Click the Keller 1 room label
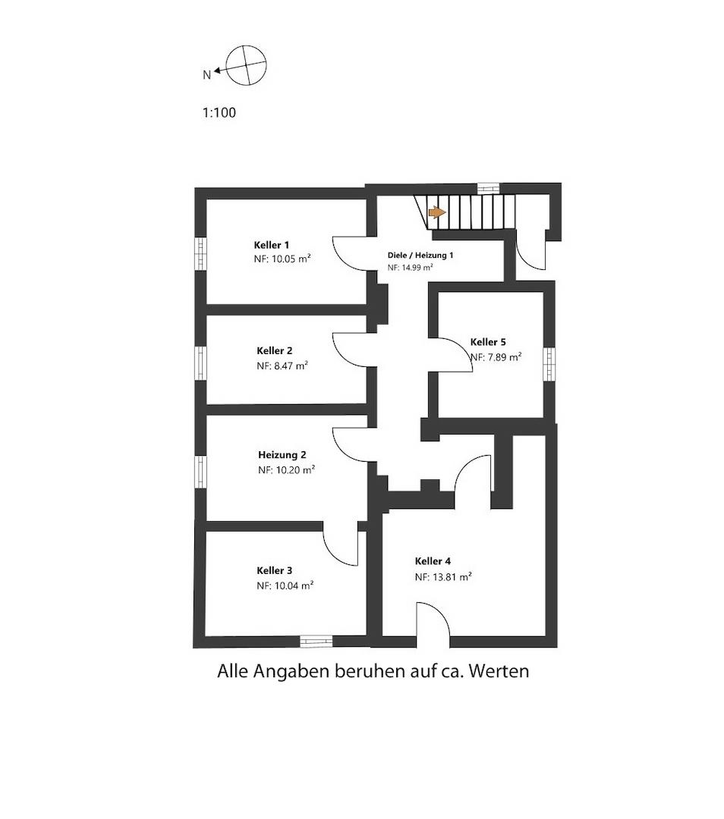click(x=271, y=245)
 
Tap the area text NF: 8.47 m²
click(x=282, y=366)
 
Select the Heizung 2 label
click(x=282, y=455)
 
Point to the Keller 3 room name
click(x=275, y=570)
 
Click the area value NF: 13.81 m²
click(x=443, y=576)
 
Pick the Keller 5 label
click(x=488, y=342)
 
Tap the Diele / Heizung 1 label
click(x=420, y=256)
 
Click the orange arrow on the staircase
click(x=437, y=212)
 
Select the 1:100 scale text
click(x=219, y=112)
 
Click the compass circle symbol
click(x=246, y=65)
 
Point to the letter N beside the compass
click(x=206, y=74)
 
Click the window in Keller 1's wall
click(x=200, y=254)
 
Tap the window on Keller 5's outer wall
click(x=549, y=364)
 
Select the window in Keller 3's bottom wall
click(x=316, y=641)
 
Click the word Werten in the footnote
click(x=499, y=670)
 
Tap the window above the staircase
click(x=488, y=188)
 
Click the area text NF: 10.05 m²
click(x=282, y=259)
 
